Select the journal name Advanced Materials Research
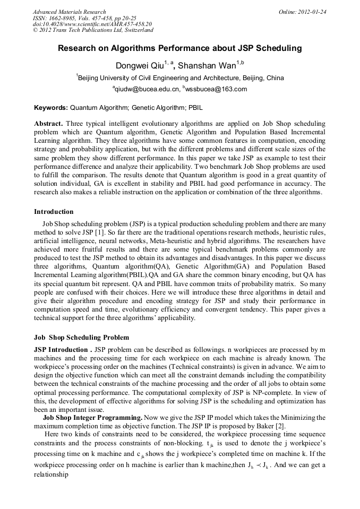[x=69, y=12]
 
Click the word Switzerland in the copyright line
[x=134, y=30]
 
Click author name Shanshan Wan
[x=207, y=66]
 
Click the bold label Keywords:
[x=50, y=107]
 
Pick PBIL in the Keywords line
[x=195, y=107]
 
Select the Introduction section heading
[x=54, y=212]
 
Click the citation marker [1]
[x=107, y=232]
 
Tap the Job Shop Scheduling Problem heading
[x=81, y=338]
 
